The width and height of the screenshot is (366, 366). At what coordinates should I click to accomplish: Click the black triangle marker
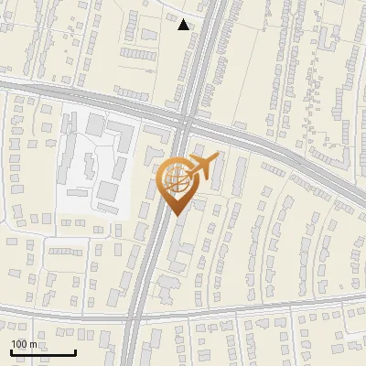tap(184, 25)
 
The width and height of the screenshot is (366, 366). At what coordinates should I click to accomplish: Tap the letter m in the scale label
tap(34, 344)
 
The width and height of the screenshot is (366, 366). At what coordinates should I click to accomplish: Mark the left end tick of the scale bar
tap(11, 351)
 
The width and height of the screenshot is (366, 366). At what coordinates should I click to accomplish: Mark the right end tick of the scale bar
tap(75, 351)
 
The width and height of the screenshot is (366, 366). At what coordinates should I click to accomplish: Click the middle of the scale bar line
tap(43, 353)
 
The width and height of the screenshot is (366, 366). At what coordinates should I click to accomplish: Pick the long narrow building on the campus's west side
tap(66, 156)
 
